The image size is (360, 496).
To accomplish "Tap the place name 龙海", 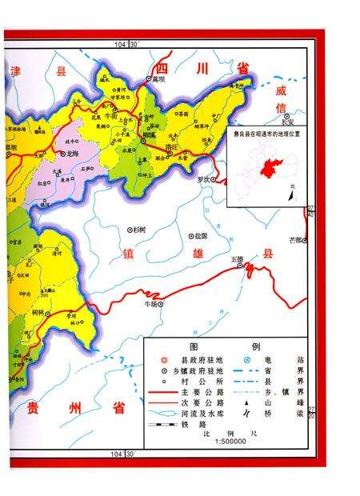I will click(x=74, y=152).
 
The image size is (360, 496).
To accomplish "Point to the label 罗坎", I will click(x=205, y=179).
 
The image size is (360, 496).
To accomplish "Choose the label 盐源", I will click(x=199, y=236).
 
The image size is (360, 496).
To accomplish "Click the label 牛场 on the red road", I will click(x=150, y=305).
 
